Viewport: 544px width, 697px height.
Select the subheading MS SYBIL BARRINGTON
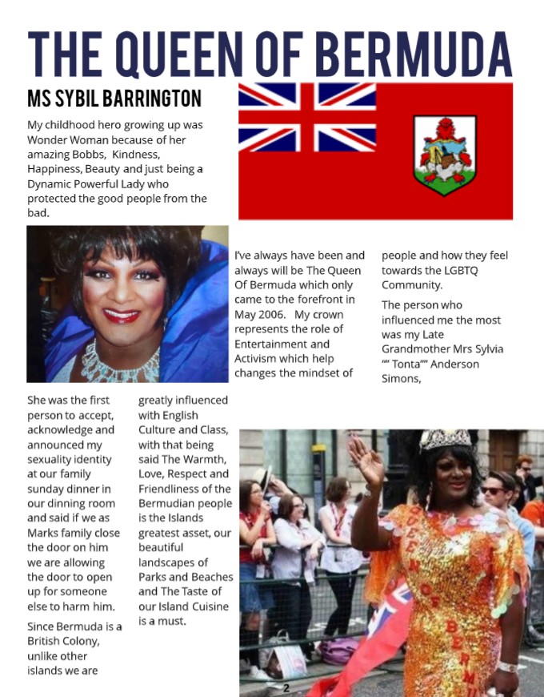coord(114,99)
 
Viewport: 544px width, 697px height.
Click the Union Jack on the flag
coord(307,117)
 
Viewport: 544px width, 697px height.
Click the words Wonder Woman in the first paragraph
coord(70,139)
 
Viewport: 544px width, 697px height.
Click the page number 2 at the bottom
coord(286,687)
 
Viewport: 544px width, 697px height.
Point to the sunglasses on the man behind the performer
coord(493,490)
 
